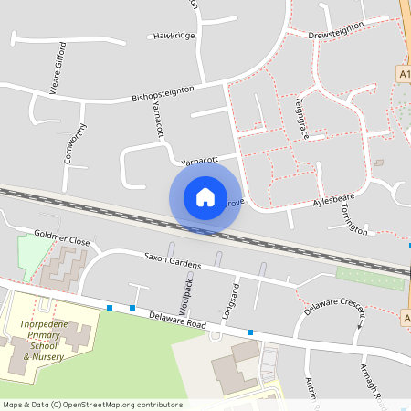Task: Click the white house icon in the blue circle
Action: [x=205, y=197]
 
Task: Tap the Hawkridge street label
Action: [x=174, y=36]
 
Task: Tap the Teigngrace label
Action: [x=300, y=118]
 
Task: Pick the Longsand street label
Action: [x=230, y=304]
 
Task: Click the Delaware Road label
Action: [x=178, y=319]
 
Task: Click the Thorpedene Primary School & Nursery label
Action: [x=46, y=340]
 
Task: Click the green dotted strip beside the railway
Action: [x=369, y=278]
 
